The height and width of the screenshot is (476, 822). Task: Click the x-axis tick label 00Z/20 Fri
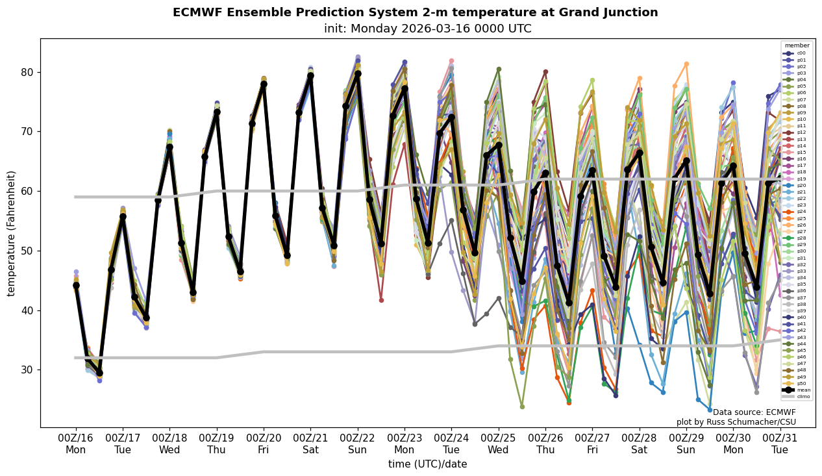click(x=264, y=444)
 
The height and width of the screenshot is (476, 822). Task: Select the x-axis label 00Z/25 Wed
click(x=499, y=444)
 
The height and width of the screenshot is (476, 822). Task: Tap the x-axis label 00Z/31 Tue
click(x=780, y=444)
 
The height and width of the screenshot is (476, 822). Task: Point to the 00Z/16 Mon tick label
click(x=76, y=444)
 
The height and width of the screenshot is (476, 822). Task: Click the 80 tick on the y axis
click(x=27, y=72)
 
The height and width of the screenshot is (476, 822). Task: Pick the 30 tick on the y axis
click(x=27, y=370)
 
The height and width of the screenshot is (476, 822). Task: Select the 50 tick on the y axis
click(x=27, y=251)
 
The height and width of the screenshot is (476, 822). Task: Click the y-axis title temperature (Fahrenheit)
click(x=12, y=233)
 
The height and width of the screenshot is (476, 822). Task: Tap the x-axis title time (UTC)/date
click(x=427, y=464)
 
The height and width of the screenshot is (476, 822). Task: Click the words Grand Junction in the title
click(x=613, y=13)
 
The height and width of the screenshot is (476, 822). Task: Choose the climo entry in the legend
click(x=803, y=396)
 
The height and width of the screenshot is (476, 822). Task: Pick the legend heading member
click(x=797, y=46)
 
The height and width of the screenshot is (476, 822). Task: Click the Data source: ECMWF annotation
click(x=754, y=412)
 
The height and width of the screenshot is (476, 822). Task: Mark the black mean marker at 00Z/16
click(x=76, y=285)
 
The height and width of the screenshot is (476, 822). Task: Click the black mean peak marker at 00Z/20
click(x=264, y=84)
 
